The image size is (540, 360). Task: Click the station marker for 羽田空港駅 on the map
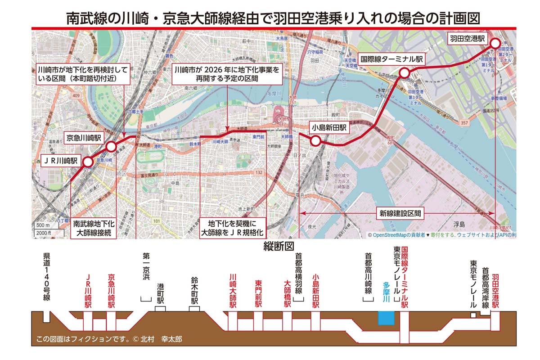click(x=495, y=43)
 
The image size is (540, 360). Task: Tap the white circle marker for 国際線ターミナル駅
click(x=405, y=72)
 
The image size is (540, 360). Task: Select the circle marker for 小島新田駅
click(x=315, y=141)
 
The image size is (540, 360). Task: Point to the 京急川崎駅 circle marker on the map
click(x=111, y=146)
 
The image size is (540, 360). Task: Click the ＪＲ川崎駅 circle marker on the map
click(x=88, y=162)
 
